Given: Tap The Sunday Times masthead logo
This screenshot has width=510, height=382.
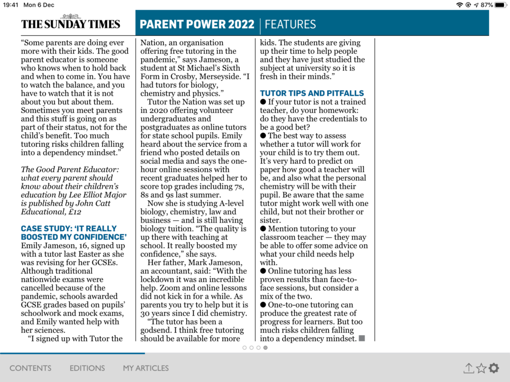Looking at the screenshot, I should (70, 24).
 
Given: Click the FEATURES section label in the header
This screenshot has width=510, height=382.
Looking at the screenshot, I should (290, 24).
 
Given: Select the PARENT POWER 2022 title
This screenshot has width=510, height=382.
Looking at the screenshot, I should (197, 24).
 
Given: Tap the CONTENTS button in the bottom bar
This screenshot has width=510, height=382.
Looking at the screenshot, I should (30, 368).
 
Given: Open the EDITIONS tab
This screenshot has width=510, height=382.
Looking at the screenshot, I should (87, 368).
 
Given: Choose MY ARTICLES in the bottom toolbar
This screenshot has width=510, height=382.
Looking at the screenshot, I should (146, 368).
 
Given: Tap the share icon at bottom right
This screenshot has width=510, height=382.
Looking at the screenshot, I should (468, 368).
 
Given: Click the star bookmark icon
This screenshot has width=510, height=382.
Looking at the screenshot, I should (481, 368).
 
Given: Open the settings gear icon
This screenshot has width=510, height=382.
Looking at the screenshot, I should (494, 368).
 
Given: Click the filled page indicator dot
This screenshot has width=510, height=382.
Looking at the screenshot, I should (265, 348).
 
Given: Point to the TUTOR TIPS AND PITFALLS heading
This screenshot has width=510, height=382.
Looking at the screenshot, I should (312, 93).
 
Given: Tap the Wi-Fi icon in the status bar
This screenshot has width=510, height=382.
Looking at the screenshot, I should (459, 5).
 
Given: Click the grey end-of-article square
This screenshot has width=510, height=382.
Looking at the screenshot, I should (362, 338).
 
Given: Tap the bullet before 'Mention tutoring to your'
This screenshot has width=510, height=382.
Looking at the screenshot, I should (263, 229).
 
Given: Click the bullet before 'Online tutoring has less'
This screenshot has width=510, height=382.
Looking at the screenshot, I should (263, 271).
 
